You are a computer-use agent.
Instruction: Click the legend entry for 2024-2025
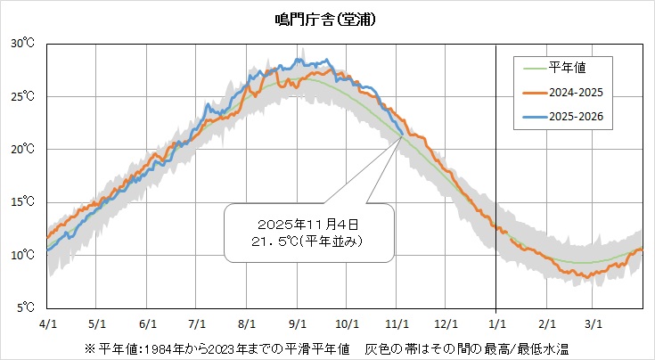coord(578,91)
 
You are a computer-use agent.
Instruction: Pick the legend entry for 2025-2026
coord(578,117)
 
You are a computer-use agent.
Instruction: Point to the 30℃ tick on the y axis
coord(23,43)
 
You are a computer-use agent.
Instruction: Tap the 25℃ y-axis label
coord(23,96)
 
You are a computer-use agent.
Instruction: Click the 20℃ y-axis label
coord(23,149)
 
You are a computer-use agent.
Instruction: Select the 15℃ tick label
coord(23,202)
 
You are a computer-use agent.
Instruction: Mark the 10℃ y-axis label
coord(23,256)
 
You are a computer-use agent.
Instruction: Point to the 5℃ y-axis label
coord(25,308)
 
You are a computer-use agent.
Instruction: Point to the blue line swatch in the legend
coord(532,117)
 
